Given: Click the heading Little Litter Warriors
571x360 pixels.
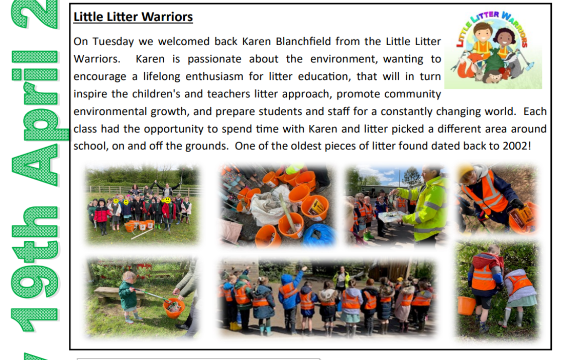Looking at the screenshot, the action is click(133, 17).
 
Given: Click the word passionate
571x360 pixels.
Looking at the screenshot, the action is click(214, 59).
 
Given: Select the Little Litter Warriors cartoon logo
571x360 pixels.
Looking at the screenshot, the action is click(493, 50).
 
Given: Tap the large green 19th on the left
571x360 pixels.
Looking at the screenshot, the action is click(35, 269).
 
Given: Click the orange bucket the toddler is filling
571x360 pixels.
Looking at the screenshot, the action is click(174, 308).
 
